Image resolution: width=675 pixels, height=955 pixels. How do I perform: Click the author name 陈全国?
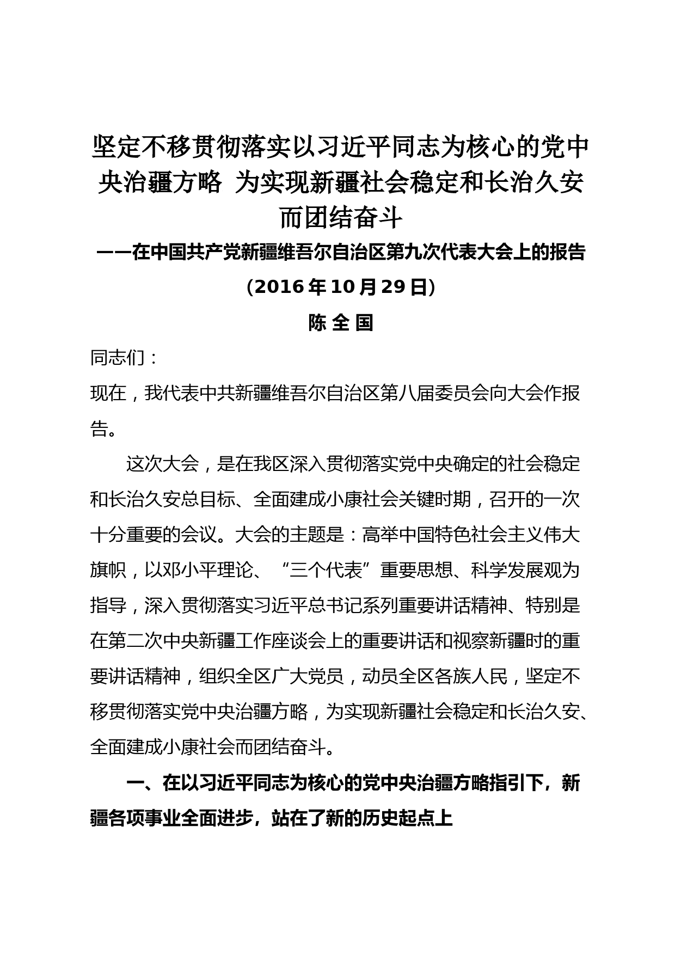pyautogui.click(x=341, y=323)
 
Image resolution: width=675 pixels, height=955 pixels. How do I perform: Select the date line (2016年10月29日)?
pyautogui.click(x=341, y=286)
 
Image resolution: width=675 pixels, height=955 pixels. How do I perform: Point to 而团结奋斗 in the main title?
pyautogui.click(x=341, y=218)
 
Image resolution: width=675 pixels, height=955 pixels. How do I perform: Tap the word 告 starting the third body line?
pyautogui.click(x=99, y=428)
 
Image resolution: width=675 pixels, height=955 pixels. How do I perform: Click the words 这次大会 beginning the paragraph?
pyautogui.click(x=162, y=464)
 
